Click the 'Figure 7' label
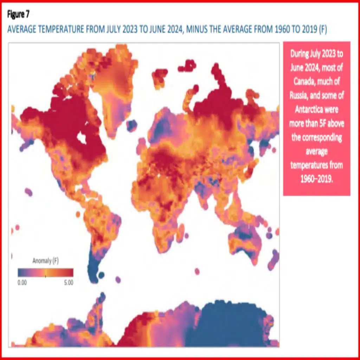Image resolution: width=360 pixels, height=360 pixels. click(x=18, y=15)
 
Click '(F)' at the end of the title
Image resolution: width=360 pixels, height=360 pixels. click(x=322, y=29)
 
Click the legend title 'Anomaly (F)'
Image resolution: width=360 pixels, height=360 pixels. click(x=45, y=261)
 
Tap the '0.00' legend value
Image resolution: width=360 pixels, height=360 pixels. click(x=22, y=282)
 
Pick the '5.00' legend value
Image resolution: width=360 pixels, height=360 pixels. click(x=69, y=282)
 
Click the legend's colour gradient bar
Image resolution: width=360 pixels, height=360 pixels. click(x=46, y=272)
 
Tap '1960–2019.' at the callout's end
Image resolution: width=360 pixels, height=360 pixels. click(x=316, y=179)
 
